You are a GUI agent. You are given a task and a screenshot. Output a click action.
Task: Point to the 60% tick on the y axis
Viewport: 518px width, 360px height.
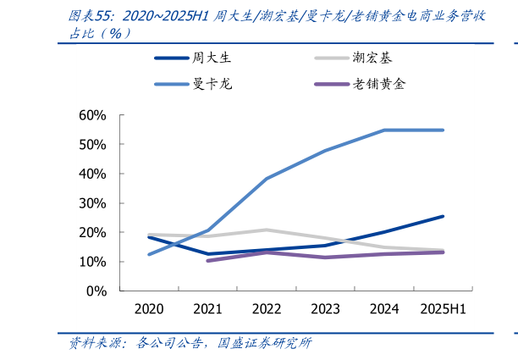click(91, 115)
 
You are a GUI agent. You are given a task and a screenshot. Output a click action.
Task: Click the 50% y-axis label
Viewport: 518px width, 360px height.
click(91, 145)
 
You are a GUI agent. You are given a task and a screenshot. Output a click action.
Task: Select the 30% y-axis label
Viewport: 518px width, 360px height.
click(91, 203)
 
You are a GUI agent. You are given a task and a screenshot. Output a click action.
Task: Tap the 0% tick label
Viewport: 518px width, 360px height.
click(96, 291)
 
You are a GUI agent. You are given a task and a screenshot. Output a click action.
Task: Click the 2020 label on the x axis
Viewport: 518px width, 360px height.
click(149, 308)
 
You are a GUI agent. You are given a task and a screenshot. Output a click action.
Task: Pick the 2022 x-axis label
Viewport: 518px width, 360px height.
click(267, 308)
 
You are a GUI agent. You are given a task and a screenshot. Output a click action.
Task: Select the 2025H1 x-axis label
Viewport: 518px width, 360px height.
click(443, 308)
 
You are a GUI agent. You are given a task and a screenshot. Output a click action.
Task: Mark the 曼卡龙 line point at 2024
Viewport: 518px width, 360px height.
click(384, 130)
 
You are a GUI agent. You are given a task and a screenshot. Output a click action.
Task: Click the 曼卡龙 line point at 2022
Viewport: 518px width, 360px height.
click(267, 179)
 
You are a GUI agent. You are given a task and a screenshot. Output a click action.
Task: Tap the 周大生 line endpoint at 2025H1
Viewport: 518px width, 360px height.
click(443, 216)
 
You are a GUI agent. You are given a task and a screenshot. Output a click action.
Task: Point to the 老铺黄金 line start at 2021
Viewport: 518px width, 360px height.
click(207, 260)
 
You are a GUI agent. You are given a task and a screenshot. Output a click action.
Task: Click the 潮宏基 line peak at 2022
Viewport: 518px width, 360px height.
click(267, 230)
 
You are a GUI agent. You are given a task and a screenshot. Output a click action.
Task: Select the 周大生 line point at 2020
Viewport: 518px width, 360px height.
click(149, 237)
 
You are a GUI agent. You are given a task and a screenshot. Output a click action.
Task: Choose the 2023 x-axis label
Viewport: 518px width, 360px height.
click(325, 308)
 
